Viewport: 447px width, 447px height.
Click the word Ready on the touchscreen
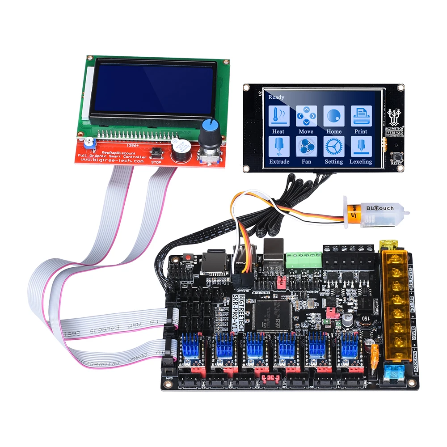276,97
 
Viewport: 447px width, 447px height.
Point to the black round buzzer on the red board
180,152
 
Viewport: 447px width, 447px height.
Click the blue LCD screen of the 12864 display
152,89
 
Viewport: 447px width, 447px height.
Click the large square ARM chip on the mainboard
271,316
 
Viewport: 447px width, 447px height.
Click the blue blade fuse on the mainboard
393,371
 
